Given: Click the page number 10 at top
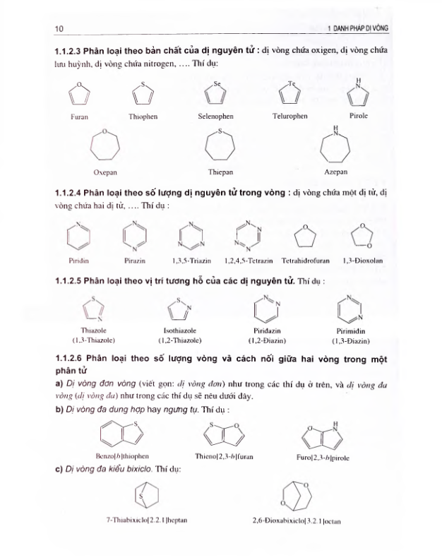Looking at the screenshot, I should (x=59, y=28).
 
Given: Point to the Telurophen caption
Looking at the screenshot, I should (x=289, y=116).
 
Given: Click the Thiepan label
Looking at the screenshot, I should (x=220, y=172).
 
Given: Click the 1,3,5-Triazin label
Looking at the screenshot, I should (x=188, y=260).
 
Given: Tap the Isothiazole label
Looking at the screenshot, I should (x=179, y=330).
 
